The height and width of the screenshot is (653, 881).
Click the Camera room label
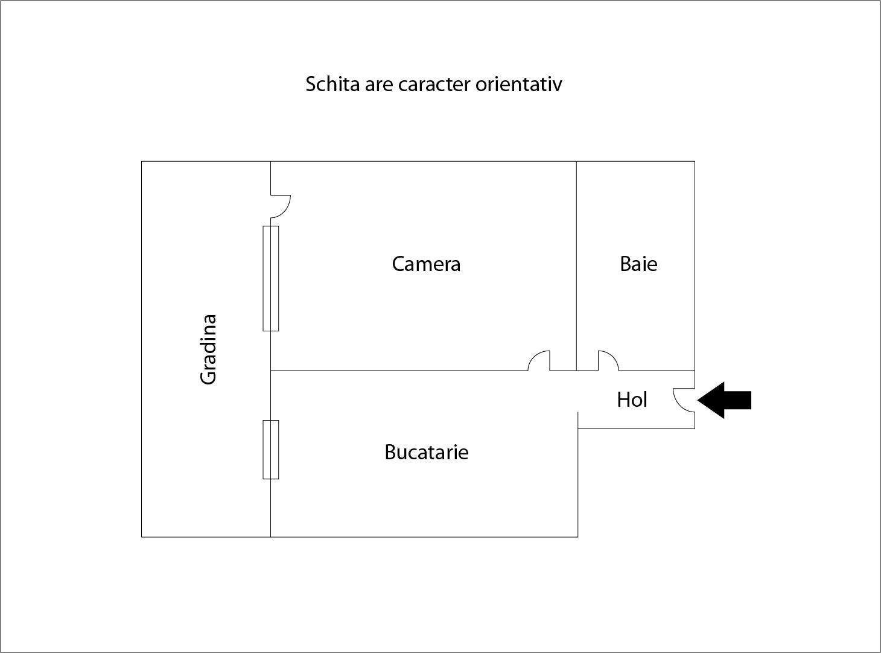[426, 264]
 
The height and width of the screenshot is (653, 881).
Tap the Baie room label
[638, 264]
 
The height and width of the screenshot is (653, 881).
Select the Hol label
[632, 400]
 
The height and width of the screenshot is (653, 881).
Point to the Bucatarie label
[427, 452]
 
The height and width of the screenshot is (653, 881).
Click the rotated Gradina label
[209, 350]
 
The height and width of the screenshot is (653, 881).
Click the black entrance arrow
[724, 400]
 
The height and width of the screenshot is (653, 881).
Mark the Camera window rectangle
[270, 278]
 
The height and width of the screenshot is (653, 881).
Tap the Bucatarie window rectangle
[270, 450]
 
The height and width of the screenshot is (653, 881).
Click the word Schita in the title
[332, 84]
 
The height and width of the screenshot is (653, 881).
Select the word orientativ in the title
[519, 84]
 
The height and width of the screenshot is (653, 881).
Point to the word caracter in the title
[434, 85]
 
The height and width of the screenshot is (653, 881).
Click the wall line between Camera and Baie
[576, 266]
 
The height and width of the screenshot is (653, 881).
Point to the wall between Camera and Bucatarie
[399, 371]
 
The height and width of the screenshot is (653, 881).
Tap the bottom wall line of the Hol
[637, 428]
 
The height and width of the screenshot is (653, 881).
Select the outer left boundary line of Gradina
[142, 349]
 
